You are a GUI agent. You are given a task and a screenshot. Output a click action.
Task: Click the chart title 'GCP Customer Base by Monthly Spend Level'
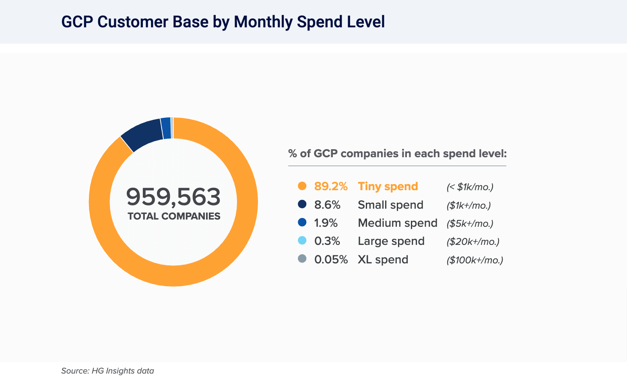pyautogui.click(x=223, y=22)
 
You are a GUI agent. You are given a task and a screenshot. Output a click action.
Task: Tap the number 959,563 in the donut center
pyautogui.click(x=173, y=197)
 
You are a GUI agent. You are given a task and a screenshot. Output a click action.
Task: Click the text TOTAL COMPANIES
pyautogui.click(x=174, y=216)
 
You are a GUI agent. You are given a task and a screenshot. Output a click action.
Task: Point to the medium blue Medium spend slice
pyautogui.click(x=166, y=128)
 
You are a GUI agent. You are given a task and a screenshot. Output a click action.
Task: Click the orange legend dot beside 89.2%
pyautogui.click(x=302, y=186)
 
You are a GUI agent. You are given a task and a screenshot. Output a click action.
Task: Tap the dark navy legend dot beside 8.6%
pyautogui.click(x=302, y=205)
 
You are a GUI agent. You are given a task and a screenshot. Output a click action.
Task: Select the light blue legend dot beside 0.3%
pyautogui.click(x=302, y=241)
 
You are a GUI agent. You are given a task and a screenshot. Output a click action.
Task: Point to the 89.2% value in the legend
pyautogui.click(x=331, y=187)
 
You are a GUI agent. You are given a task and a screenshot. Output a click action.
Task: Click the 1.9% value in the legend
pyautogui.click(x=326, y=223)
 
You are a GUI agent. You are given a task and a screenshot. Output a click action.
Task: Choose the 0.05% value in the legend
pyautogui.click(x=331, y=260)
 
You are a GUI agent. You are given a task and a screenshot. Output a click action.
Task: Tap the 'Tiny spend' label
pyautogui.click(x=388, y=187)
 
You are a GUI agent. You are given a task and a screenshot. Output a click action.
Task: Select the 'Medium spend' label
pyautogui.click(x=397, y=223)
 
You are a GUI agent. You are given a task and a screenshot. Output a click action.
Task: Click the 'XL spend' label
pyautogui.click(x=383, y=260)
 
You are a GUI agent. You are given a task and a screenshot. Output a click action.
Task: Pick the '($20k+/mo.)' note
pyautogui.click(x=473, y=242)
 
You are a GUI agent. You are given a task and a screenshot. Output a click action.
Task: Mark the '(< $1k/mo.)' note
pyautogui.click(x=470, y=187)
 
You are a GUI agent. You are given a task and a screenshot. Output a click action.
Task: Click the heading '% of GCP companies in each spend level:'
pyautogui.click(x=397, y=154)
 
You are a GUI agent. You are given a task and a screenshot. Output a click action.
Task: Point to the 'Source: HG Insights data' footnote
pyautogui.click(x=107, y=371)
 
